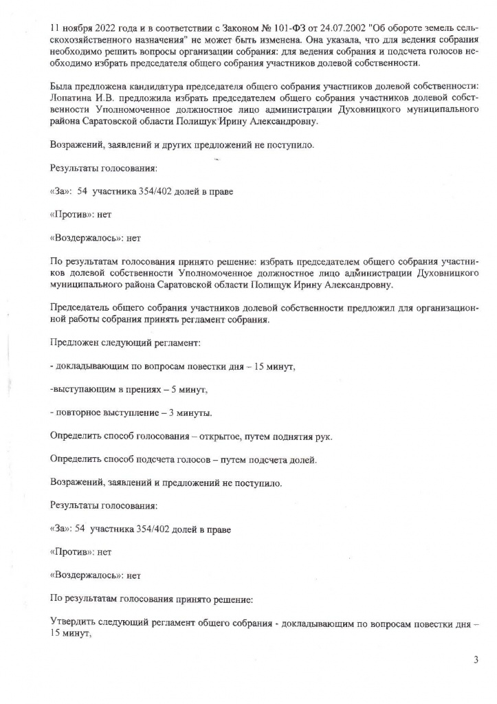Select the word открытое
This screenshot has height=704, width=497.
(x=208, y=437)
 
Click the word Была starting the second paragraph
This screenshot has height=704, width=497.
(x=63, y=87)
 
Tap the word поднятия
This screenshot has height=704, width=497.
(x=281, y=437)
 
